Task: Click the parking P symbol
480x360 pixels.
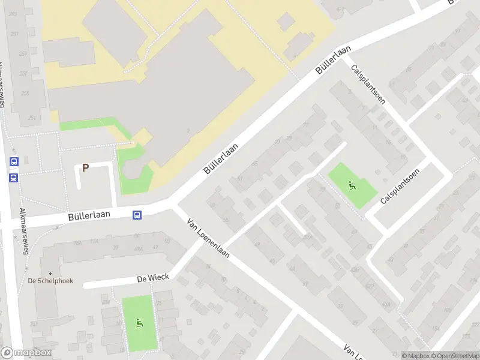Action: [x=85, y=168]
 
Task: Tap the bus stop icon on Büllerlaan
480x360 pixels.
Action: [x=137, y=215]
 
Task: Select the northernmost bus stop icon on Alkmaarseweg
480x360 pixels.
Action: [x=14, y=161]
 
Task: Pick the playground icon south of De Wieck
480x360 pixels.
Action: [x=139, y=323]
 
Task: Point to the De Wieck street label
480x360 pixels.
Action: [x=153, y=277]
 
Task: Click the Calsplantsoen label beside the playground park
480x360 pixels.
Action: [x=400, y=185]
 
